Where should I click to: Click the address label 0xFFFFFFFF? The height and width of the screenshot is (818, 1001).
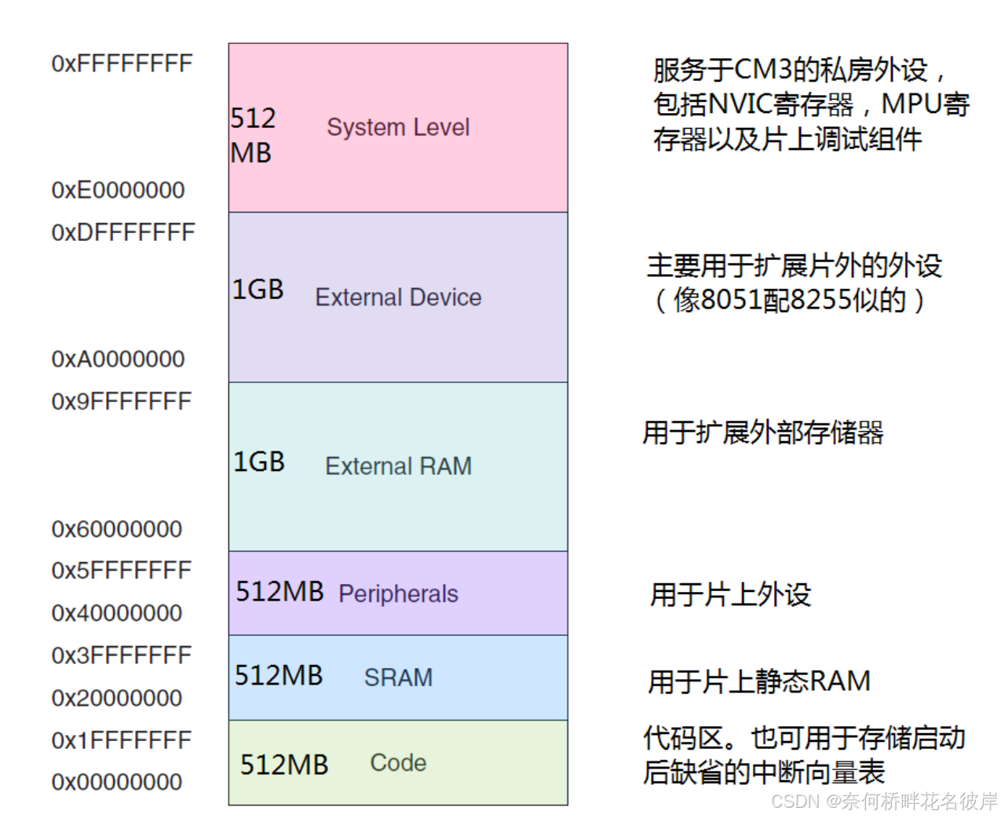click(x=122, y=64)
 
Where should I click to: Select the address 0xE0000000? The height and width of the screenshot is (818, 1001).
click(x=118, y=190)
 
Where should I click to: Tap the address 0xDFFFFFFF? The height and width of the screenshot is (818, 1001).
click(x=122, y=232)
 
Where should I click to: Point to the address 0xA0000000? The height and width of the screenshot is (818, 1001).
click(x=118, y=360)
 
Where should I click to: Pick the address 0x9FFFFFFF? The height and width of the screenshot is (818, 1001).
click(x=121, y=402)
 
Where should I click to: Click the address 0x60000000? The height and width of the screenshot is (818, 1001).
click(x=116, y=529)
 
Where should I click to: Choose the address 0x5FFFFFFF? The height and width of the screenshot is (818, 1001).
click(x=121, y=571)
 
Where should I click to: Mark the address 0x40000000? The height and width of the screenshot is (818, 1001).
click(x=116, y=613)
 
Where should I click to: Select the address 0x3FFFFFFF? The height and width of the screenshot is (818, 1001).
click(x=121, y=655)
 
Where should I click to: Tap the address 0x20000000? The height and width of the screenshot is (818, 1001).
click(x=116, y=698)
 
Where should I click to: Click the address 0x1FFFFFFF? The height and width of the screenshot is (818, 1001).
click(x=121, y=740)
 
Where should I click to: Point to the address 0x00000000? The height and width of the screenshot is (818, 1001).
click(x=116, y=782)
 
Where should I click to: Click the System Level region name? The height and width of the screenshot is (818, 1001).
click(x=398, y=127)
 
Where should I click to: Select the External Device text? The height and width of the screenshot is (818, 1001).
click(x=398, y=298)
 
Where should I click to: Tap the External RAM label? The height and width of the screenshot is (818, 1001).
click(x=398, y=466)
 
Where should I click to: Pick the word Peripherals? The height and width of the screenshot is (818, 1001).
click(x=398, y=593)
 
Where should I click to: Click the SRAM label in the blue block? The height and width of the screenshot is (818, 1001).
click(x=398, y=677)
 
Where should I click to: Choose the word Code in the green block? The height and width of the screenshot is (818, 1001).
click(x=398, y=762)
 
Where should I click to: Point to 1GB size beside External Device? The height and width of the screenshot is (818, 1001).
click(x=258, y=290)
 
